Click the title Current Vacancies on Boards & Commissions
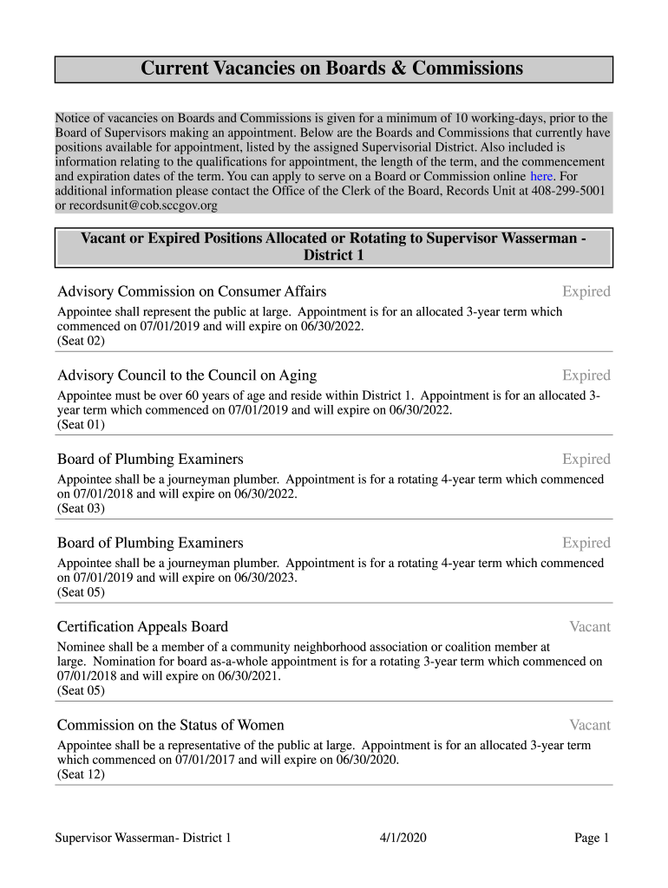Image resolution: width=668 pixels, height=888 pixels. (332, 69)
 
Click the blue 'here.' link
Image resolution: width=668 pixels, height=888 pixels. (542, 177)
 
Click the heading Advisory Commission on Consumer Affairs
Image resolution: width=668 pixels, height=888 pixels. (191, 291)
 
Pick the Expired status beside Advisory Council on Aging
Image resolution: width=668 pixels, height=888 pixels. (586, 375)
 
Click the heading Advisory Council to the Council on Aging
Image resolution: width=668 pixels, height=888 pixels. (187, 375)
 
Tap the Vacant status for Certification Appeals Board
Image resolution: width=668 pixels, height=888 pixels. (589, 627)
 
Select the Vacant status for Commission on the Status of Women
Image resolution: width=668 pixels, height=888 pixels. (589, 725)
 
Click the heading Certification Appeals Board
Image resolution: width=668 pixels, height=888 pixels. (142, 627)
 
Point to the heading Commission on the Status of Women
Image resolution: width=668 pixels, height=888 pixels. (170, 725)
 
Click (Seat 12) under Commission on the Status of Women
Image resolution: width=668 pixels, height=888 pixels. (81, 775)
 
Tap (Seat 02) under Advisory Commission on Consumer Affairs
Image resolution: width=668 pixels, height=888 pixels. (81, 342)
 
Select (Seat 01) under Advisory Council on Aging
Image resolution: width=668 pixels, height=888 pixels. (81, 425)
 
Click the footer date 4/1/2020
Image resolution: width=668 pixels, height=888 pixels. (403, 838)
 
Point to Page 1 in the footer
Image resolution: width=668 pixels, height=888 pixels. (592, 838)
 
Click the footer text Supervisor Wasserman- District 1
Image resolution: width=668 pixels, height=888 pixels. (143, 838)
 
